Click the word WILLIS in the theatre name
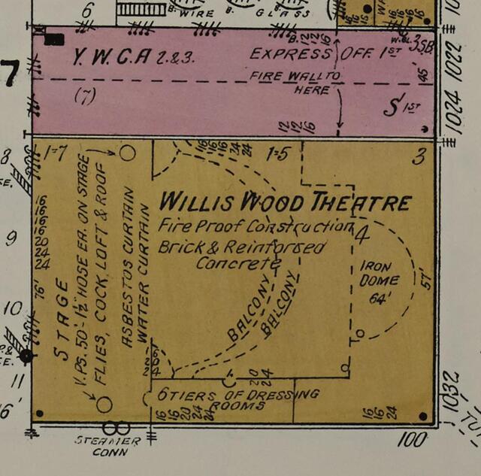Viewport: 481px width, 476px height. coord(198,201)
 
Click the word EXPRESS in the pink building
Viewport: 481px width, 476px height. coord(290,54)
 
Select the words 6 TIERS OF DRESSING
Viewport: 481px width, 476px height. coord(238,394)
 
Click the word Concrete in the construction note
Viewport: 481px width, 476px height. coord(237,263)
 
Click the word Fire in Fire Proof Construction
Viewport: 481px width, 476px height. coord(173,225)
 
